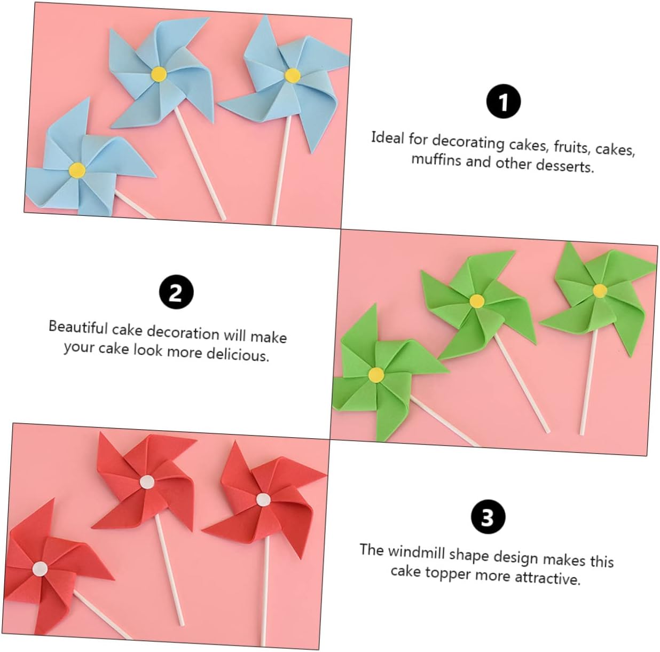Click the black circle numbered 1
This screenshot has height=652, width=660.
click(x=503, y=102)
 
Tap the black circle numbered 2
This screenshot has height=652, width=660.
click(x=176, y=292)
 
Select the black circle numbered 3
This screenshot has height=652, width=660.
click(x=488, y=517)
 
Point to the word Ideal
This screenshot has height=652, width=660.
click(x=388, y=138)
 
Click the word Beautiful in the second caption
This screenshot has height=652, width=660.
click(x=78, y=327)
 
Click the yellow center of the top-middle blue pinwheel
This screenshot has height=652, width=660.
click(x=159, y=74)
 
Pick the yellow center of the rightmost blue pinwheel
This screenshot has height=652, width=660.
click(x=292, y=75)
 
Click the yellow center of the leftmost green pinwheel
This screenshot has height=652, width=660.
click(x=376, y=374)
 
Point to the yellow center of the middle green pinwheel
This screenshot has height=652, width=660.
click(x=477, y=301)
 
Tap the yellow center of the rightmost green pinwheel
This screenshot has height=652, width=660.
click(x=600, y=291)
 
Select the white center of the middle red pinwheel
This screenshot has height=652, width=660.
click(x=147, y=482)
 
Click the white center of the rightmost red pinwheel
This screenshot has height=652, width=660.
click(x=263, y=499)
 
